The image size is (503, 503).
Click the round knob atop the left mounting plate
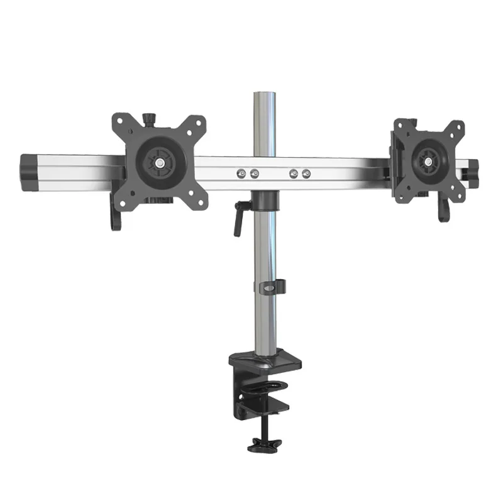(149, 118)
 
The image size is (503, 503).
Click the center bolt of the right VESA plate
(428, 162)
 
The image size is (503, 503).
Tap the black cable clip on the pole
(270, 287)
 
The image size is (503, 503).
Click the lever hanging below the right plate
(444, 211)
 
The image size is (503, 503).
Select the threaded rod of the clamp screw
(263, 428)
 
